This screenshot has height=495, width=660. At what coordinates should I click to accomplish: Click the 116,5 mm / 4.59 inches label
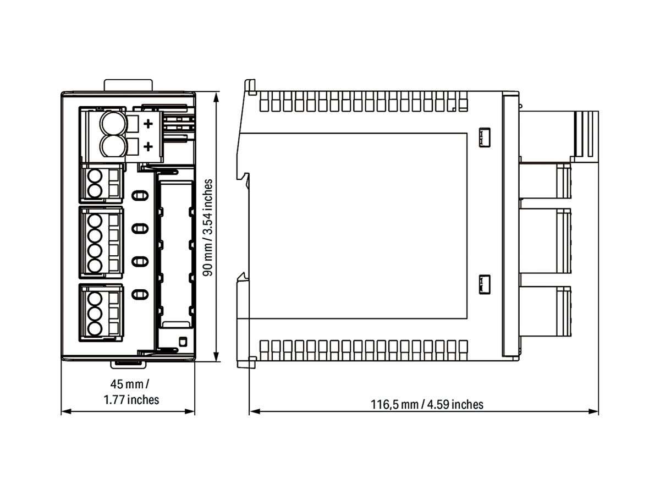pyautogui.click(x=427, y=405)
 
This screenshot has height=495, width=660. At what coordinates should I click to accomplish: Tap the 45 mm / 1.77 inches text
pyautogui.click(x=131, y=391)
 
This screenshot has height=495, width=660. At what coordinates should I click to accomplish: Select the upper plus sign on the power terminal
pyautogui.click(x=147, y=125)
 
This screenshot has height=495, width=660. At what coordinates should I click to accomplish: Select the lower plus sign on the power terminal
pyautogui.click(x=147, y=146)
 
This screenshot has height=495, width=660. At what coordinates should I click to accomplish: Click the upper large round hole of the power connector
pyautogui.click(x=112, y=123)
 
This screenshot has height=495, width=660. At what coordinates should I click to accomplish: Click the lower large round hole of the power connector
pyautogui.click(x=112, y=146)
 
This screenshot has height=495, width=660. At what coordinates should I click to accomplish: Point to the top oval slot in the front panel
pyautogui.click(x=140, y=195)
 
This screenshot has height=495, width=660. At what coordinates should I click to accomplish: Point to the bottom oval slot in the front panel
pyautogui.click(x=140, y=294)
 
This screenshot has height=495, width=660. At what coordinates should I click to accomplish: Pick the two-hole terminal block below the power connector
pyautogui.click(x=101, y=184)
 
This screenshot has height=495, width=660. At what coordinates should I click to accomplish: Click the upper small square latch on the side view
pyautogui.click(x=485, y=137)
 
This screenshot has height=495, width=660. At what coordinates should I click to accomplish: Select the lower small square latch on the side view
pyautogui.click(x=485, y=284)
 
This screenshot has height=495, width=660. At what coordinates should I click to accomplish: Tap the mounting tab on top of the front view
pyautogui.click(x=128, y=86)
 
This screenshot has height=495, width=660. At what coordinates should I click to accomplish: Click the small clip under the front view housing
pyautogui.click(x=128, y=364)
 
